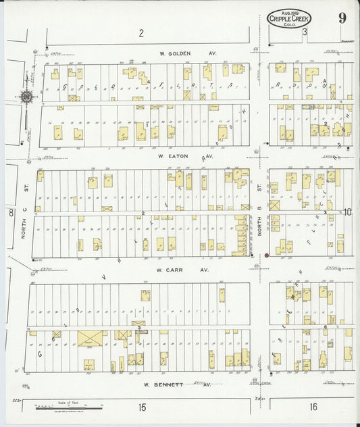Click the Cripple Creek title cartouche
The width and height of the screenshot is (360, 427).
pyautogui.click(x=289, y=19)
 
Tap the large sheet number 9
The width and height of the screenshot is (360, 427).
pyautogui.click(x=343, y=18)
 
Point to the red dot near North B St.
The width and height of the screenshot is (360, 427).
pyautogui.click(x=267, y=255)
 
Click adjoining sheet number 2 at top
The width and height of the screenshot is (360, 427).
pyautogui.click(x=141, y=33)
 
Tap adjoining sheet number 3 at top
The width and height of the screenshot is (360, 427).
pyautogui.click(x=305, y=32)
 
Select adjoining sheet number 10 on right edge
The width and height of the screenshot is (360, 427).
pyautogui.click(x=347, y=212)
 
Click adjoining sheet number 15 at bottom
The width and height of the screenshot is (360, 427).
pyautogui.click(x=142, y=407)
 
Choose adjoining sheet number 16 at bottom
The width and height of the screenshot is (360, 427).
pyautogui.click(x=313, y=407)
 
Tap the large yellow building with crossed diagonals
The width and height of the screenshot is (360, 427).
pyautogui.click(x=88, y=338)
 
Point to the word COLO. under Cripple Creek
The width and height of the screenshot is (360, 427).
pyautogui.click(x=290, y=25)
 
